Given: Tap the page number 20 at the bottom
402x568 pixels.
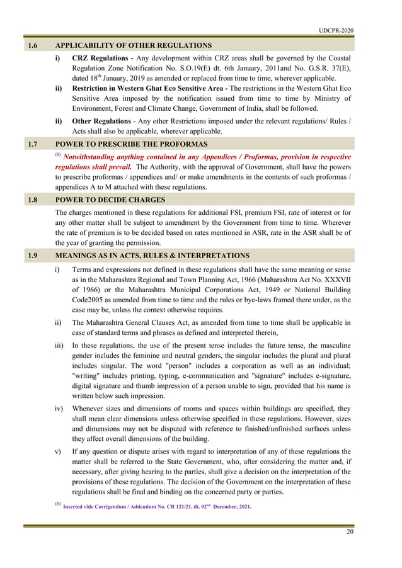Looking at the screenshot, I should coord(350,532).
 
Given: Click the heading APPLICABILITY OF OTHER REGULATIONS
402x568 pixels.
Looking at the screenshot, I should coord(134,45).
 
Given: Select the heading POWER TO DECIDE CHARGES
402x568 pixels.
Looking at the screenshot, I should coord(110,200).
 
